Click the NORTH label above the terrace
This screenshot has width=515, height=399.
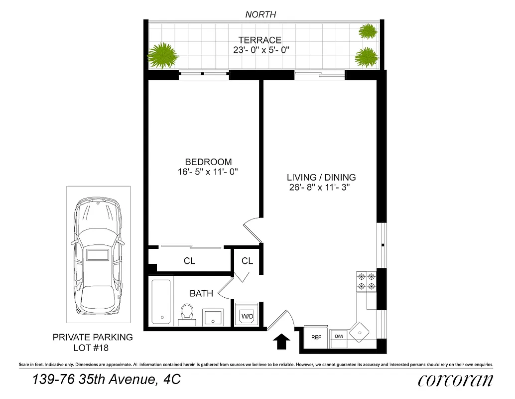point(260,14)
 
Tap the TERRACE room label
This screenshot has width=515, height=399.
point(259,40)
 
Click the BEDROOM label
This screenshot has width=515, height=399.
point(208,162)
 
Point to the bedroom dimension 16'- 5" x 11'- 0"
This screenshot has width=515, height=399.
point(208,172)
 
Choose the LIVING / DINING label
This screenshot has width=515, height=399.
point(321,177)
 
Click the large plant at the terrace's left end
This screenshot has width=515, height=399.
point(163,55)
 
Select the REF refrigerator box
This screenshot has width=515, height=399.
point(316,337)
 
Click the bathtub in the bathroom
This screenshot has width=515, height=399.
point(162,301)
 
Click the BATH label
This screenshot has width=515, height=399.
point(201,294)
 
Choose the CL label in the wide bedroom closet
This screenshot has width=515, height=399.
point(189,261)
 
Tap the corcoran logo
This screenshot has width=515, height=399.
point(456,380)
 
